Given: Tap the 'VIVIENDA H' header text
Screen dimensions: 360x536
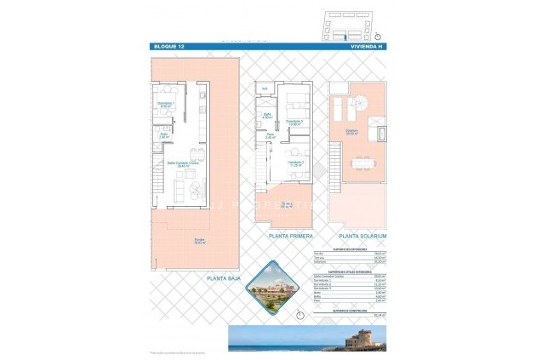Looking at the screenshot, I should tap(367, 46).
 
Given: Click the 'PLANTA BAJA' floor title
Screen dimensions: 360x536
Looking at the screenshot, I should tap(226, 277).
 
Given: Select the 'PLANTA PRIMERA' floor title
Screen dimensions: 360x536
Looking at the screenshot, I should tap(291, 236).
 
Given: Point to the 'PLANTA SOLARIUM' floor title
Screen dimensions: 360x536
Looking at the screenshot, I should tap(363, 236).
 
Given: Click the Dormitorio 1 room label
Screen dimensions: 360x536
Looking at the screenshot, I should tap(167, 105).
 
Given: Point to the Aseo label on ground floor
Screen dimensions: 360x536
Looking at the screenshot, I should tap(164, 134).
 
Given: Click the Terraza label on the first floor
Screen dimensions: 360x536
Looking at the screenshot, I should tap(289, 204).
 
